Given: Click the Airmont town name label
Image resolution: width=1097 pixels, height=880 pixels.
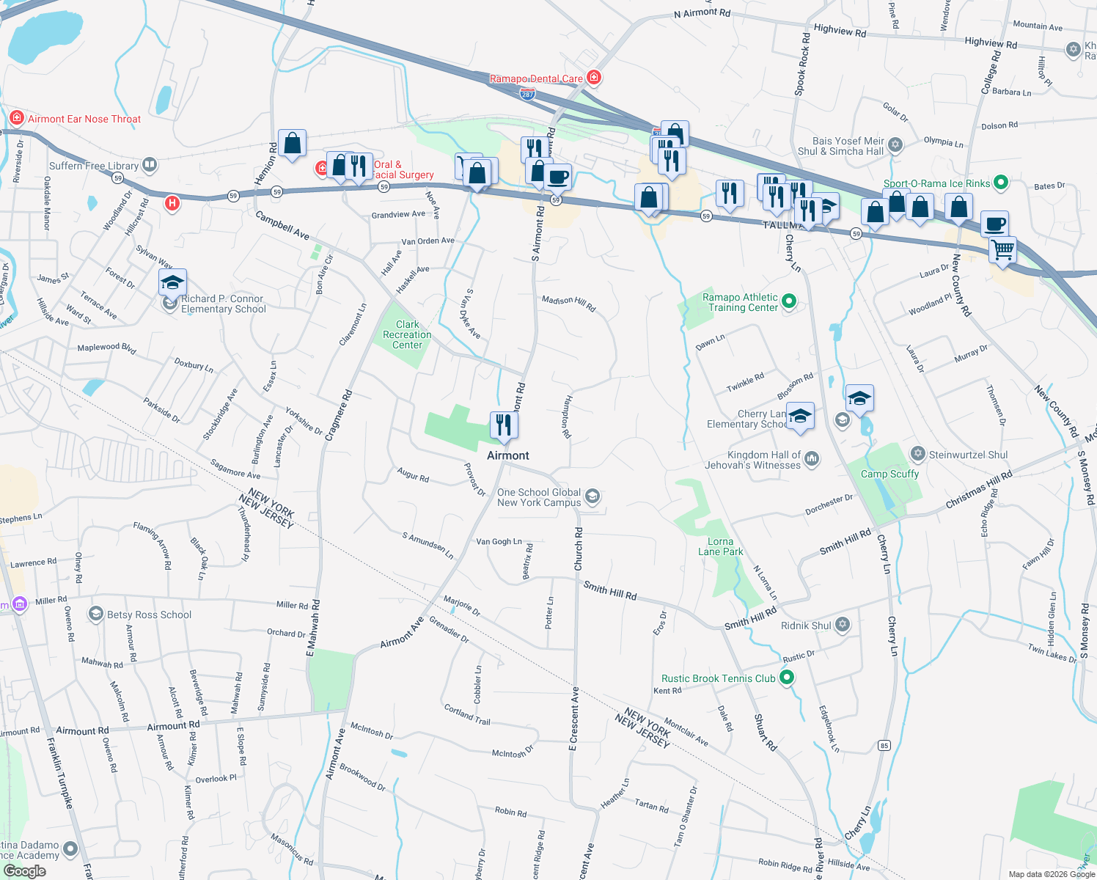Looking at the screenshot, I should click(x=507, y=455).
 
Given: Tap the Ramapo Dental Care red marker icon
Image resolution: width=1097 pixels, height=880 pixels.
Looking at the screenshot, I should click(x=594, y=78).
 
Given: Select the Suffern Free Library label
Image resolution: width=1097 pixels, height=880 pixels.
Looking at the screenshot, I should click(x=94, y=166).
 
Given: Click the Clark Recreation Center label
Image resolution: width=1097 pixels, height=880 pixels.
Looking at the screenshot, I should click(x=407, y=334).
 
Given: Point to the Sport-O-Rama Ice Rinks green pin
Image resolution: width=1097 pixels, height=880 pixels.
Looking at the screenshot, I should click(x=1001, y=183).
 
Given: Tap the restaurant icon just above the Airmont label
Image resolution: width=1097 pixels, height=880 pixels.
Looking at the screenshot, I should click(x=504, y=425).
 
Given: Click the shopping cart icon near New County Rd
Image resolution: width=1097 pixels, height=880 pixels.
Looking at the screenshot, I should click(x=1002, y=249).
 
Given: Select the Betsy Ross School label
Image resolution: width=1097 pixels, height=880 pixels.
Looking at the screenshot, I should click(x=149, y=615).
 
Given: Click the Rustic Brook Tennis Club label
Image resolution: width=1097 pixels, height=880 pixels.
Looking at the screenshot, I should click(x=718, y=678).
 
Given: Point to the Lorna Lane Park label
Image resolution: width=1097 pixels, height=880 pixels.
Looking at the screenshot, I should click(x=720, y=546).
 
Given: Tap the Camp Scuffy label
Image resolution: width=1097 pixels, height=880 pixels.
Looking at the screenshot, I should click(x=889, y=474).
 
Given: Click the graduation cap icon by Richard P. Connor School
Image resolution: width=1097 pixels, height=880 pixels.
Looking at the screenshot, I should click(x=172, y=283).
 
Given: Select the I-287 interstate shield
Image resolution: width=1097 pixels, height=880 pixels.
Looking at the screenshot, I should click(x=527, y=94).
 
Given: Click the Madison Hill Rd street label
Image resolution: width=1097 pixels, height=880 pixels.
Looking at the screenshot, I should click(x=568, y=303).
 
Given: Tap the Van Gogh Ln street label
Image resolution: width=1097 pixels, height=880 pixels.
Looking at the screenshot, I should click(x=499, y=541).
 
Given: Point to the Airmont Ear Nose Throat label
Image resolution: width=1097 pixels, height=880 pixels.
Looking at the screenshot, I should click(x=84, y=119).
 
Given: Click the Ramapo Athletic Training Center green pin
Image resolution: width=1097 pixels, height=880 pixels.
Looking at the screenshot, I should click(x=789, y=301).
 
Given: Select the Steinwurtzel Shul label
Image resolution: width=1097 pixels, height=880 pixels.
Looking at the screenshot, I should click(x=968, y=455).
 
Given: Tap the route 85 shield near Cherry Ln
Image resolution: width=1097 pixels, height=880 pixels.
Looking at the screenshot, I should click(x=884, y=746).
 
